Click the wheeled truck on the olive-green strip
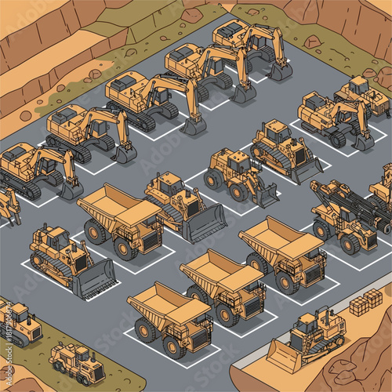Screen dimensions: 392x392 point(76,361)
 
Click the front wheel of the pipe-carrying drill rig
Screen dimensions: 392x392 point(321,230)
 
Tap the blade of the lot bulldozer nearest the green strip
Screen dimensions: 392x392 point(94,279)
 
